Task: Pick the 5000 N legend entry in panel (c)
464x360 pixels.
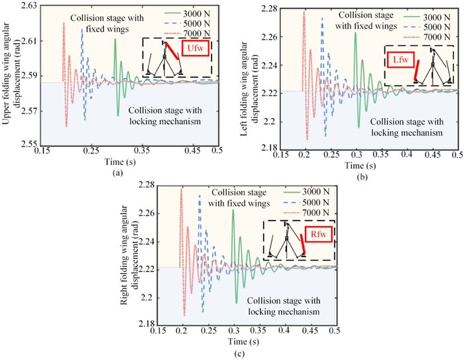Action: [302, 202]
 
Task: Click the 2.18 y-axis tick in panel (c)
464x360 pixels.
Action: [144, 324]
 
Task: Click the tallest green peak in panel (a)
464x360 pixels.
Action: [115, 39]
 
